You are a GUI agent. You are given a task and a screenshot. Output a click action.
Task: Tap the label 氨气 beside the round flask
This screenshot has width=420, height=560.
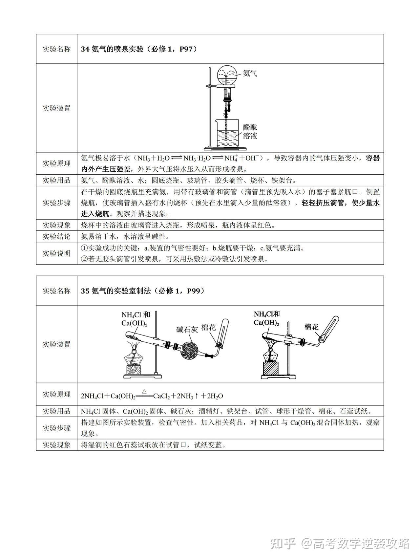coord(250,73)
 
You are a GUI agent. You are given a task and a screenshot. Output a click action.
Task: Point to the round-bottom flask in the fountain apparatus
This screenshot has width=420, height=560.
coord(227,75)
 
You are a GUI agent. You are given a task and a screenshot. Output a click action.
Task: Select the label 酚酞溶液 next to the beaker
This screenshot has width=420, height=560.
coord(250,131)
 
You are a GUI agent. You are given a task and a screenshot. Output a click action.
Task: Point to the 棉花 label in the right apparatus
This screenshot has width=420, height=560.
coord(311,327)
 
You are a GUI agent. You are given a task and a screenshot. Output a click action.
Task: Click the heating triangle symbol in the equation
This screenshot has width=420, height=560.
coord(144,391)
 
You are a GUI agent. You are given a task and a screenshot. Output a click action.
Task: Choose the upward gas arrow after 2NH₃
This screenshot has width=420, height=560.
coord(196,396)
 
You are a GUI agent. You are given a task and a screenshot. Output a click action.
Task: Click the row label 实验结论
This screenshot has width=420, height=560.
coord(56,236)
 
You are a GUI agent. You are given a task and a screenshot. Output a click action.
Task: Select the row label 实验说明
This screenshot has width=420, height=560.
coord(56,253)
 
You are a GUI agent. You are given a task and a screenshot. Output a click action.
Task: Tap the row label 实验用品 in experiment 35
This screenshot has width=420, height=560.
coord(56,411)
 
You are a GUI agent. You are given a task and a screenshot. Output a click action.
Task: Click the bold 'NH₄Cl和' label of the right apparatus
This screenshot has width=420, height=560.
coord(266,314)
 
